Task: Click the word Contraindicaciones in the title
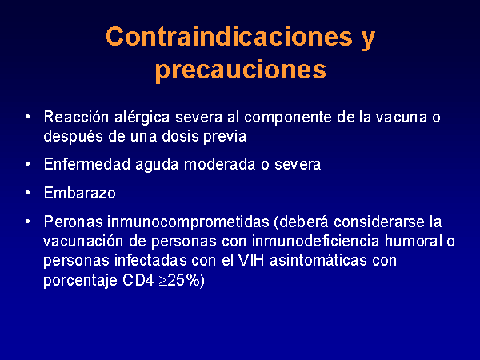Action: click(x=230, y=37)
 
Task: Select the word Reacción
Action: click(x=76, y=117)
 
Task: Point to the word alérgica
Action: click(x=142, y=118)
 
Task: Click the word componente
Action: click(x=288, y=118)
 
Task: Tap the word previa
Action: click(x=225, y=137)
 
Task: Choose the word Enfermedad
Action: click(x=87, y=164)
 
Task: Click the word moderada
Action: click(x=219, y=164)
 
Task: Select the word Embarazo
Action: click(x=79, y=193)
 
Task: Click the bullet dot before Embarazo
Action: click(x=28, y=193)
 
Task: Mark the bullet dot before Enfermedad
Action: click(x=28, y=164)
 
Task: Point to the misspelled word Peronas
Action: click(x=73, y=222)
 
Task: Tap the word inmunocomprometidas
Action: click(x=188, y=222)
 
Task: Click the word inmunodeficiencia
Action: click(x=316, y=241)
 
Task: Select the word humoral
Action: click(x=414, y=241)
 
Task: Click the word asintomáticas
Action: click(x=318, y=260)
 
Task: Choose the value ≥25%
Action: click(x=179, y=280)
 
